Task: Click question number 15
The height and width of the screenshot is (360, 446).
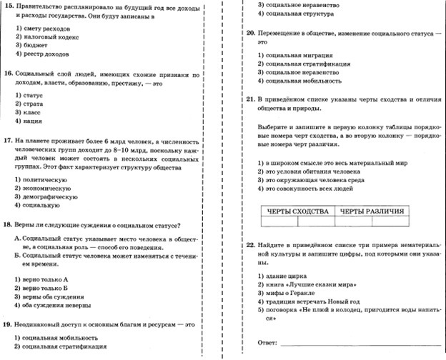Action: (x=8, y=6)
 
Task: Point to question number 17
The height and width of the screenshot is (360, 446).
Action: (x=8, y=141)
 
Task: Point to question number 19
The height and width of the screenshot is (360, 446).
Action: (x=8, y=324)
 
